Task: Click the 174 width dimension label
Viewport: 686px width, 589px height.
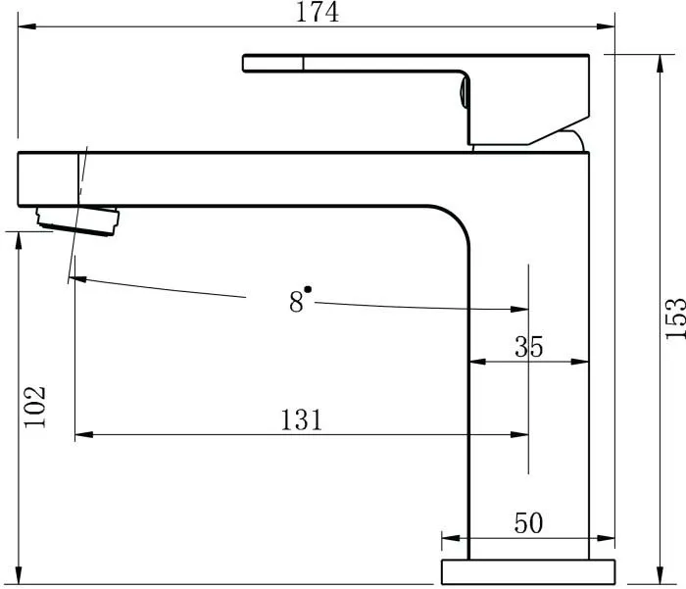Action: click(318, 12)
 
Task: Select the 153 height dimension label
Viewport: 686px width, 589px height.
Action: click(675, 319)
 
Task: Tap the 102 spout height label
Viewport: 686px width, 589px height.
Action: click(34, 407)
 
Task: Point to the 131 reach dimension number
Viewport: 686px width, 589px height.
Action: click(301, 419)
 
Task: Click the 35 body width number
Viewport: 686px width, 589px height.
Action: click(528, 347)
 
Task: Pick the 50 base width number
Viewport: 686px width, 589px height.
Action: click(528, 523)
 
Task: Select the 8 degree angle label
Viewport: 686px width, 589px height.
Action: click(296, 302)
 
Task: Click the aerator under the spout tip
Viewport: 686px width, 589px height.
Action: click(77, 221)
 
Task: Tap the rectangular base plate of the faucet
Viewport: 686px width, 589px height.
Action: click(528, 572)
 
